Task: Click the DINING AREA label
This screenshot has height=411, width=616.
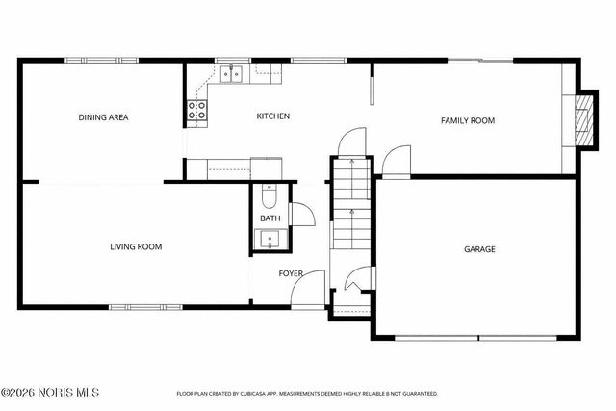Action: click(103, 118)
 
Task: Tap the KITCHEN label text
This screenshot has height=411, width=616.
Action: click(272, 116)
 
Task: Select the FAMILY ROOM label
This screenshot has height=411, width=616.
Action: click(467, 120)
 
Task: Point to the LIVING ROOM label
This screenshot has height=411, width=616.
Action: click(135, 247)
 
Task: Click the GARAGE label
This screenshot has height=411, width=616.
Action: click(479, 249)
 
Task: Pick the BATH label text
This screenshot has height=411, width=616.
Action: click(269, 218)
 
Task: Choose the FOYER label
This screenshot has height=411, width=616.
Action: click(291, 274)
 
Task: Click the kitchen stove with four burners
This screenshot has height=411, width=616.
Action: click(197, 111)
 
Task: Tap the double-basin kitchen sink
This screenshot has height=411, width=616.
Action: click(230, 72)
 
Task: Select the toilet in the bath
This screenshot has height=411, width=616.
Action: click(269, 197)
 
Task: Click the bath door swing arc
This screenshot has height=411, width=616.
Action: click(300, 213)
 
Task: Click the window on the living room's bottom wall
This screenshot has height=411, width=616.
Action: click(132, 307)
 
